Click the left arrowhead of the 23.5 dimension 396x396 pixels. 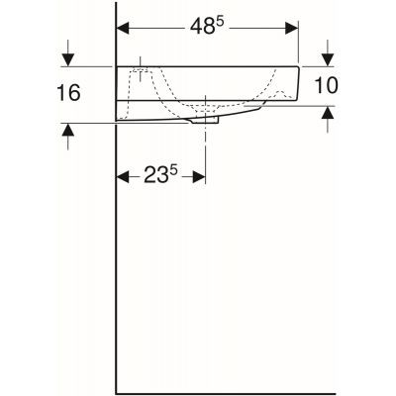pos(124,177)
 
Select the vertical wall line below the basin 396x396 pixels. pos(117,257)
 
